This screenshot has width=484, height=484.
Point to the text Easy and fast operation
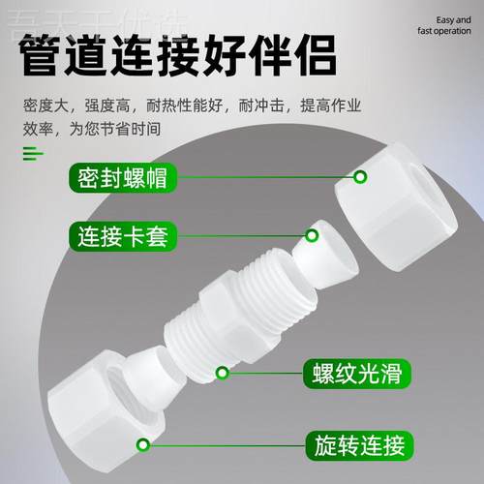[x=437, y=24]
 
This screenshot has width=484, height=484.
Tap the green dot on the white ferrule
[x=313, y=234]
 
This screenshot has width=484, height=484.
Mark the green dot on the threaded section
[x=222, y=372]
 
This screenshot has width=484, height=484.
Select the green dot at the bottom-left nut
[x=143, y=445]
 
